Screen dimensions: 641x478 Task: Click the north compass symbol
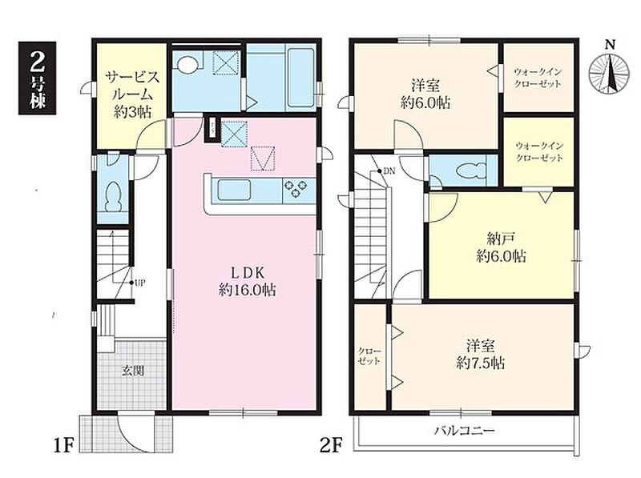coord(610,71)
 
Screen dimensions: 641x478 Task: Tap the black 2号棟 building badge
coord(37,78)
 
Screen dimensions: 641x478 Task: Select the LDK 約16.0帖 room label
coord(247,281)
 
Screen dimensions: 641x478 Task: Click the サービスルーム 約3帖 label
coord(131,94)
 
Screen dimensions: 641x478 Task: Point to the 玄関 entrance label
coord(133,371)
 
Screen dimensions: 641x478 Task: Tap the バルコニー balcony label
coord(465,431)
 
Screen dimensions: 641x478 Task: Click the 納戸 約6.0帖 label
coord(501,247)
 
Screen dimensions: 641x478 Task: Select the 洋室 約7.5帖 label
coord(480,354)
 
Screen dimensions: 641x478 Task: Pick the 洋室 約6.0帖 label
coord(425,94)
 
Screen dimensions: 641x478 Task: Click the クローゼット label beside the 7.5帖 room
coord(369,356)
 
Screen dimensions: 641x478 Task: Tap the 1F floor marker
coord(63,445)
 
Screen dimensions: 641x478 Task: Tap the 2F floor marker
coord(330,445)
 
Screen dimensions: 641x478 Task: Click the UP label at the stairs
coord(139,283)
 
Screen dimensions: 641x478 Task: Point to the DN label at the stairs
coord(389,171)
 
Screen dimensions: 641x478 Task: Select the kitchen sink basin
coord(233,190)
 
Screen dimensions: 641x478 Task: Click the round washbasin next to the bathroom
coord(188,64)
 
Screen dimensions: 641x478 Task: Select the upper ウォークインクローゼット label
coord(538,78)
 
